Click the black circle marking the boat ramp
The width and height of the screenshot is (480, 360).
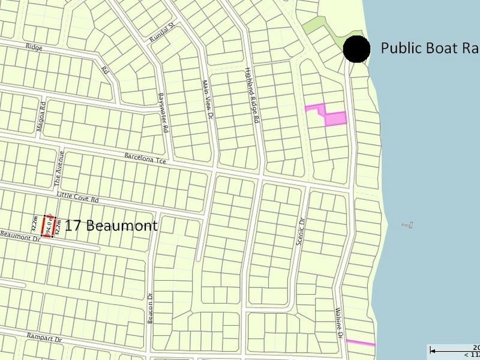[356, 49]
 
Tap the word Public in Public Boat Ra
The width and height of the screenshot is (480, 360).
[401, 49]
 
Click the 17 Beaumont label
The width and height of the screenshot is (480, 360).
[111, 226]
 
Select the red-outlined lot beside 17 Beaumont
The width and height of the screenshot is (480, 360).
[48, 226]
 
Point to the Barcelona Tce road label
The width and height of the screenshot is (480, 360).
[145, 158]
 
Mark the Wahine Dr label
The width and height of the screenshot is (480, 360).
[338, 324]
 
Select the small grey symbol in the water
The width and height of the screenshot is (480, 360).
[408, 226]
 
